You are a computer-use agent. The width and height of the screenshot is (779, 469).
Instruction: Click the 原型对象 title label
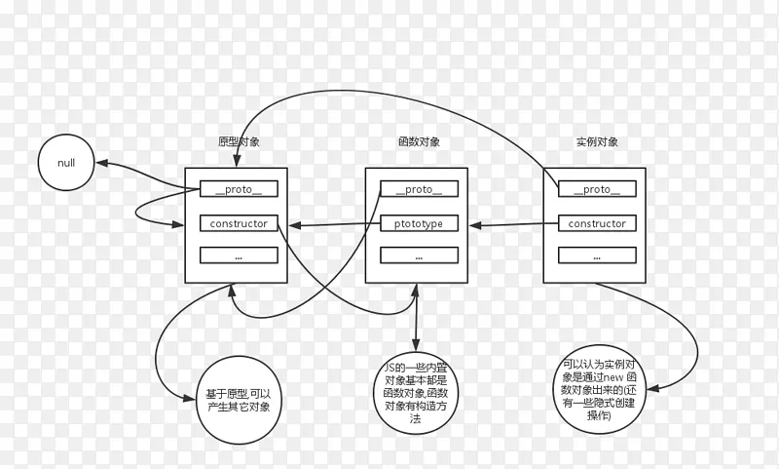239,142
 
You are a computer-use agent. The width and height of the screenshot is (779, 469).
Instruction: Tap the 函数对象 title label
419,142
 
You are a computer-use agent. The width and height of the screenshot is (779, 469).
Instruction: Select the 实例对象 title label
597,142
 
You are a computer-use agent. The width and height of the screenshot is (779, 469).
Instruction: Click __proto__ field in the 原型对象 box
239,189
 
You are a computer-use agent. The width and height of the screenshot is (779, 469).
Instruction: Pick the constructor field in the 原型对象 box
239,223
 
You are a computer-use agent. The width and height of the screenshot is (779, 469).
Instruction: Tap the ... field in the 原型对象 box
239,255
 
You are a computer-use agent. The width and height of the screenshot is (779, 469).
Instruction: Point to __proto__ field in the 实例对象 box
597,189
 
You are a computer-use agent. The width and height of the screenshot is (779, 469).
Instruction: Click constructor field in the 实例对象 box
597,223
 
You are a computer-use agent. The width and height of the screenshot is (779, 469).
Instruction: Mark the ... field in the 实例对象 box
597,255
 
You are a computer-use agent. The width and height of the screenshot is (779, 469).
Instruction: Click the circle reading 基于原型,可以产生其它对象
239,399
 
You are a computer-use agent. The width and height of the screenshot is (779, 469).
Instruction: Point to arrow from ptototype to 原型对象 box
326,225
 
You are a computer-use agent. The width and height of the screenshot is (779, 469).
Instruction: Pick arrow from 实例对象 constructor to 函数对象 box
511,225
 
